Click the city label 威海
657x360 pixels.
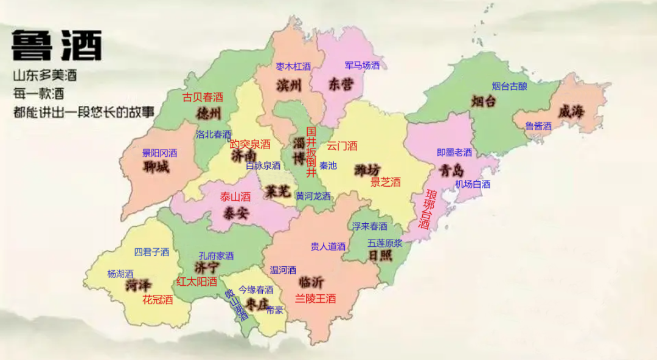[x=571, y=112]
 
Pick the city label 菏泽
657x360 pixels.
[x=139, y=285]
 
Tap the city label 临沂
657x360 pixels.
[x=311, y=282]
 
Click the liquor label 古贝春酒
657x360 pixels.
[x=203, y=97]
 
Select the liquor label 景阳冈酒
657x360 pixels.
[x=159, y=153]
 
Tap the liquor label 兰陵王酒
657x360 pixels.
[x=316, y=299]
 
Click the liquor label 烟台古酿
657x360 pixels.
[x=510, y=86]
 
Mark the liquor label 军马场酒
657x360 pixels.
[x=362, y=65]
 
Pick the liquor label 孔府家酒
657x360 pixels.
[x=216, y=256]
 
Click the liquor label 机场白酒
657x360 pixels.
[x=473, y=184]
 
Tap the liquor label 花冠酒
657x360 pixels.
[x=158, y=299]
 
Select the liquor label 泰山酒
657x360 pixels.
[x=235, y=196]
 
